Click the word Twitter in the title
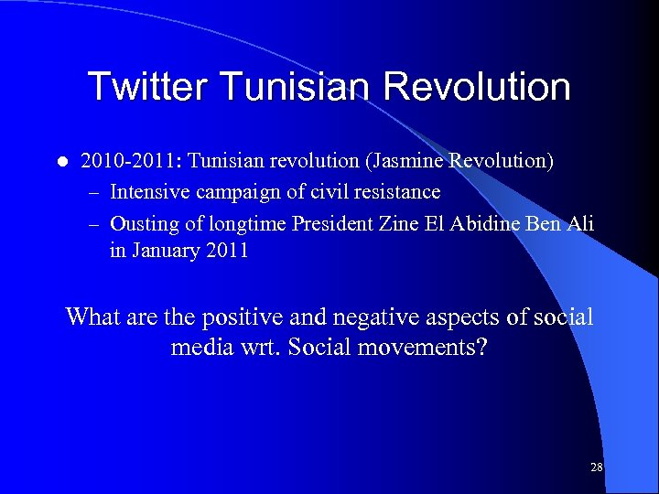(x=148, y=88)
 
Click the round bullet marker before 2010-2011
(x=61, y=163)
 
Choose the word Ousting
(x=144, y=222)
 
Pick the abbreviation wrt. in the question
(x=263, y=349)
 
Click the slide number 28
(x=597, y=467)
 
